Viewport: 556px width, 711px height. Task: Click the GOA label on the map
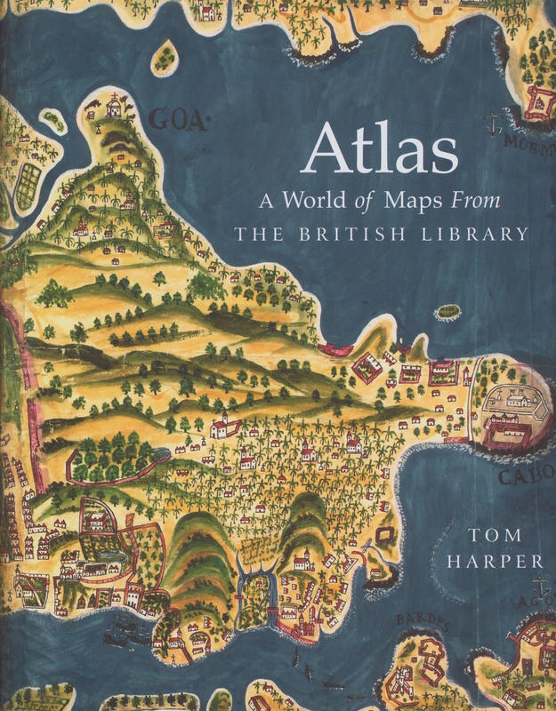tap(178, 119)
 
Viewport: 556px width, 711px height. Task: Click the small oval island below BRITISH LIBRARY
tap(447, 313)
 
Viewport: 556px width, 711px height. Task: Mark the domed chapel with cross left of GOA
tap(112, 107)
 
